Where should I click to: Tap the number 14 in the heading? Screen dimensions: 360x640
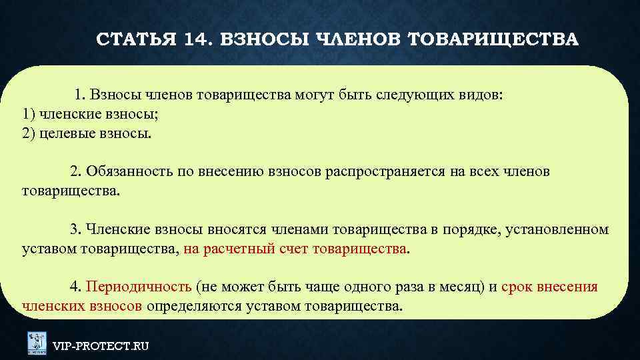tap(193, 39)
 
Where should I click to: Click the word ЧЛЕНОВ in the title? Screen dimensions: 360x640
tap(356, 39)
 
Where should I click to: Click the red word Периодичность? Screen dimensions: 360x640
tap(139, 287)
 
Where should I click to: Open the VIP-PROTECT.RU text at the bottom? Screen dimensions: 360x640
tap(101, 346)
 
